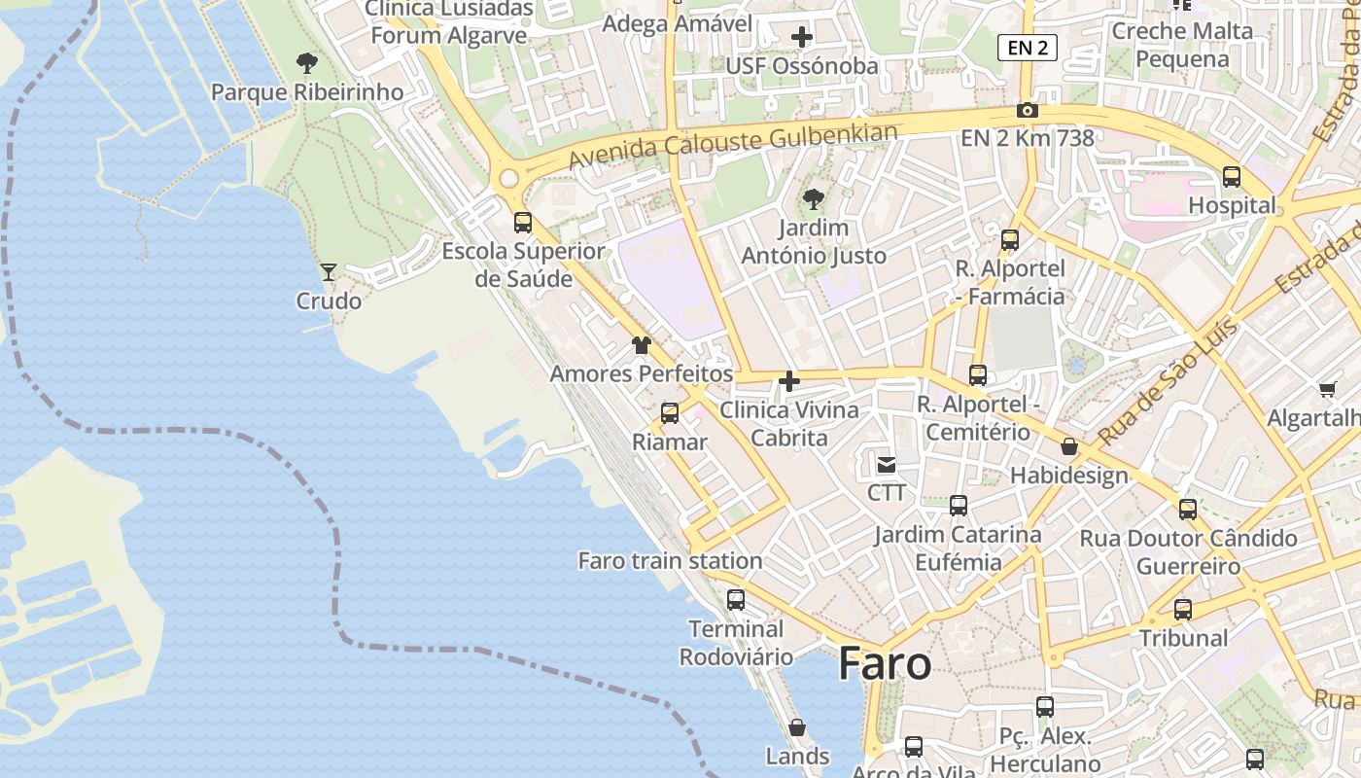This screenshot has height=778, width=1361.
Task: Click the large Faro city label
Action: coord(885,663)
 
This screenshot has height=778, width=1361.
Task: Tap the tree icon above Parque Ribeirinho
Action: coord(306,64)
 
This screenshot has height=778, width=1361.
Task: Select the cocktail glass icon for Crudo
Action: coord(329,271)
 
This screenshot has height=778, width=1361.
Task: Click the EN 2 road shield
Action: coord(1027,47)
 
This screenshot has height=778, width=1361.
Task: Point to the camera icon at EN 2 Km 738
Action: coord(1027,111)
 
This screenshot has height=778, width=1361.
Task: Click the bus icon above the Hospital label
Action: coord(1232,177)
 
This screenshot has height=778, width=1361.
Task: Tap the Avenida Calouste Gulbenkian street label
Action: coord(733,143)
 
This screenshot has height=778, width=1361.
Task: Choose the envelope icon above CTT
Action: coord(887,465)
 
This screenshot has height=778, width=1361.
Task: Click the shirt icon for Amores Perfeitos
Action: coord(641,345)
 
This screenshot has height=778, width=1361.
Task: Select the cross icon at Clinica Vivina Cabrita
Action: coord(789,381)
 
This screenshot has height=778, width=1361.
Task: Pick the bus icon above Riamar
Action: coord(670,413)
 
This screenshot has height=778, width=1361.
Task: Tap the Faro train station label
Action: coord(670,561)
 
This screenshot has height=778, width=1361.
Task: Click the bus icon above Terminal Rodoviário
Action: coord(736,600)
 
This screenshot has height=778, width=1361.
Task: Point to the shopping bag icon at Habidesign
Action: coord(1069,447)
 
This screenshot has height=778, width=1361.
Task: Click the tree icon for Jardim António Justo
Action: coord(813,199)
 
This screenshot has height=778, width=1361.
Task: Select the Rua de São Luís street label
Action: coord(1168,380)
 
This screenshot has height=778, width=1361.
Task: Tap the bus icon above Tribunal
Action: coord(1183,610)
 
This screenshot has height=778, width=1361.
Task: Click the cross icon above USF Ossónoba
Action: coord(802,38)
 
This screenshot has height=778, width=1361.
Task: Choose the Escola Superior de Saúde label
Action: coord(523,265)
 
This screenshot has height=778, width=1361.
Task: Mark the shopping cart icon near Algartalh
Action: coord(1327,390)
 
